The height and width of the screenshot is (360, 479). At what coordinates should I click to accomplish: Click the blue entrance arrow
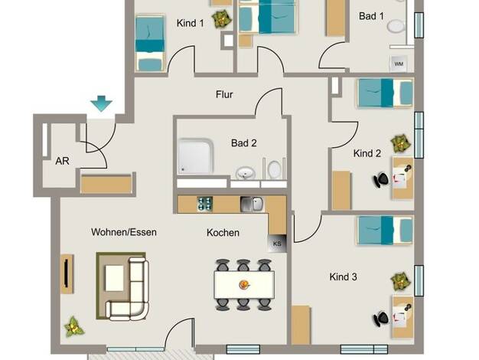tap(102, 103)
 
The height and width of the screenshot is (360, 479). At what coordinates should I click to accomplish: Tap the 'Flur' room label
tap(224, 94)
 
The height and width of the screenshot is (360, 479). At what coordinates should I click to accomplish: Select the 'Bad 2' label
tap(244, 142)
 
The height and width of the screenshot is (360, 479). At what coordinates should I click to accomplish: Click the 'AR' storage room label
tap(62, 161)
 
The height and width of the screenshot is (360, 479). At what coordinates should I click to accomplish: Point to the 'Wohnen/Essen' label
tap(124, 232)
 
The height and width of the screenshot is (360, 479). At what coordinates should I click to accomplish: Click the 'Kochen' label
tap(223, 233)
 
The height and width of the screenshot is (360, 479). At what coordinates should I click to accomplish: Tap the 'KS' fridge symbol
tap(277, 244)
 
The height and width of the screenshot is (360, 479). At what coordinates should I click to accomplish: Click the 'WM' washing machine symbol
tap(399, 64)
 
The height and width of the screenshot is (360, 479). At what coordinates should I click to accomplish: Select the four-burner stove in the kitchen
tap(205, 204)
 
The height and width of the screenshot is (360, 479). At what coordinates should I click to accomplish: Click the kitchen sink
tap(252, 204)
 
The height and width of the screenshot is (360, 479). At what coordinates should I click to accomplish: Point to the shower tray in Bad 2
tap(196, 156)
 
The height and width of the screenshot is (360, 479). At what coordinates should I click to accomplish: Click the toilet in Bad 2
tap(274, 169)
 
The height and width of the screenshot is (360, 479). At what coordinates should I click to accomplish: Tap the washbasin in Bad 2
tap(246, 173)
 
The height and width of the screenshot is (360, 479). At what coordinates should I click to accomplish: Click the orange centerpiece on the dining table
tap(244, 285)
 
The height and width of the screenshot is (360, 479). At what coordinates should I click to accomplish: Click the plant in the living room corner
tap(74, 326)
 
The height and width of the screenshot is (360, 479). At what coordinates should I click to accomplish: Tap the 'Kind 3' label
tap(343, 277)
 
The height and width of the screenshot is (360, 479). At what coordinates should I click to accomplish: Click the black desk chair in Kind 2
tap(380, 180)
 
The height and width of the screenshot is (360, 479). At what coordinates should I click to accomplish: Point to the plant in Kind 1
tap(222, 19)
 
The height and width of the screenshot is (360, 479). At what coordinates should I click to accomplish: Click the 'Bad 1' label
tap(371, 16)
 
